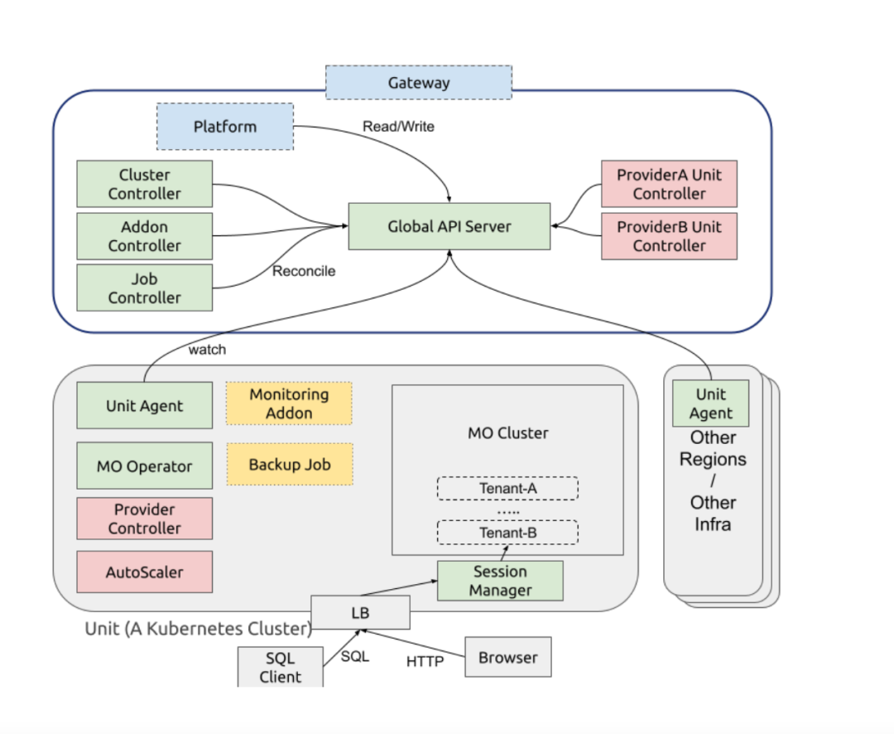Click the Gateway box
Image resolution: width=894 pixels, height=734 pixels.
(419, 83)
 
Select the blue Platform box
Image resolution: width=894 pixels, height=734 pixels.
(225, 127)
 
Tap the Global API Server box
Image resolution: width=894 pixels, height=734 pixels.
(449, 226)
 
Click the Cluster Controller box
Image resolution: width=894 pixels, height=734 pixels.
(144, 184)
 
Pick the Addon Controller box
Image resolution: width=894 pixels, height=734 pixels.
(144, 236)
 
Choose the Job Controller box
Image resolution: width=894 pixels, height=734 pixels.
(144, 288)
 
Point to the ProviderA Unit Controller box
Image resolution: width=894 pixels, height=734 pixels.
(669, 184)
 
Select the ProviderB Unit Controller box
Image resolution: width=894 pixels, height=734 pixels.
(669, 236)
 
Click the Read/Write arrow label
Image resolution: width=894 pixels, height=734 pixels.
(398, 127)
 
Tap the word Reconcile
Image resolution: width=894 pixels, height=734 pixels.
(304, 271)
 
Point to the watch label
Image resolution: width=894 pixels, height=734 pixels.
(207, 350)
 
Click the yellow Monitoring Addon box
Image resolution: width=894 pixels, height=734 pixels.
(289, 403)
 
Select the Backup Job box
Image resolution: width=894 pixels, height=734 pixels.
(289, 465)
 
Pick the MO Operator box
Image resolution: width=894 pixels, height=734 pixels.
(144, 466)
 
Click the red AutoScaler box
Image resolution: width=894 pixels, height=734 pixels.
(144, 572)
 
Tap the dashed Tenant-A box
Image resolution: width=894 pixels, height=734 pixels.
(507, 489)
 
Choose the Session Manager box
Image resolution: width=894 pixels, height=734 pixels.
(500, 581)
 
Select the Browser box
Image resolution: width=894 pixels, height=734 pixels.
(507, 658)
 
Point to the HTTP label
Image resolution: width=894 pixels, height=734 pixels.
(425, 661)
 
